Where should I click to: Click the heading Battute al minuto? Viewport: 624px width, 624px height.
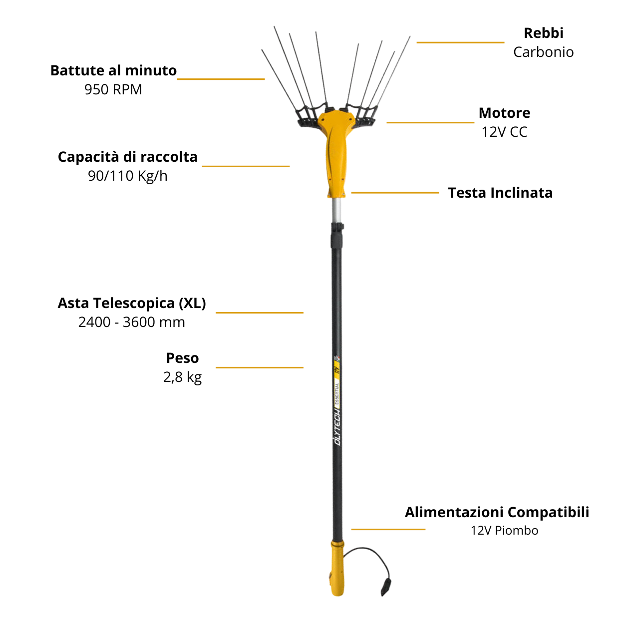(x=113, y=70)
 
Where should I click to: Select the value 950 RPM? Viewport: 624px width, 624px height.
(x=113, y=89)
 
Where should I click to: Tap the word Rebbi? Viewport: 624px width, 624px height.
(x=543, y=33)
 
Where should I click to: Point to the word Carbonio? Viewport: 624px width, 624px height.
(x=543, y=52)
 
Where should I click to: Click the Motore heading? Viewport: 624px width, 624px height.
(x=504, y=113)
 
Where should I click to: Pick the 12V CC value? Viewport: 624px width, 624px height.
(x=504, y=132)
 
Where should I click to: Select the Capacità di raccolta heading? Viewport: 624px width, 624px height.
(x=127, y=157)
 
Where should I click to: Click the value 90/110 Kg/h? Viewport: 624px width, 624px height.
(x=127, y=176)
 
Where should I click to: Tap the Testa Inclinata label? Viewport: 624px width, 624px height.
(x=500, y=193)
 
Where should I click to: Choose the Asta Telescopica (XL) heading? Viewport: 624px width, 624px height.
(x=132, y=303)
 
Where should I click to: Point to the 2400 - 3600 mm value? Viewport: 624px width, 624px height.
(x=132, y=322)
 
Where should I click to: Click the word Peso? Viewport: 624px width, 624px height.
(x=182, y=358)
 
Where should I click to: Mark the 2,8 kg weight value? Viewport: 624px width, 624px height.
(x=182, y=377)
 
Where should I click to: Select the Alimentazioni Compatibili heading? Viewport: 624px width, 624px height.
(x=497, y=512)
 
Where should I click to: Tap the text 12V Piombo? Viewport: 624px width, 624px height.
(x=504, y=531)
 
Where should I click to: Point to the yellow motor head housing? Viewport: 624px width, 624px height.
(x=336, y=145)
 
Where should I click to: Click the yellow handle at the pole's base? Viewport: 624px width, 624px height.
(x=337, y=569)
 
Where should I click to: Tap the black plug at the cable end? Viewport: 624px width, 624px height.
(x=386, y=586)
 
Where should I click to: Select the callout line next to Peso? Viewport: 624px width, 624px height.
(x=259, y=367)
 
